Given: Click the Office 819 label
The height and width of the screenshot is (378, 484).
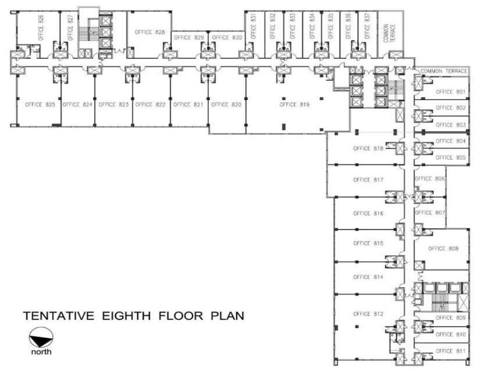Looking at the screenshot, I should (295, 104).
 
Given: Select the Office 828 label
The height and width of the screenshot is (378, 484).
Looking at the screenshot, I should (150, 32).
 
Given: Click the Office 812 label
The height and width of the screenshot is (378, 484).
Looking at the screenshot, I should (369, 314).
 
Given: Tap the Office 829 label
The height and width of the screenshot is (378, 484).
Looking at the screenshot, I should (189, 38).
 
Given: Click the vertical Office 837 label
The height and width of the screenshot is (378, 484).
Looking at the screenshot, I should (367, 25).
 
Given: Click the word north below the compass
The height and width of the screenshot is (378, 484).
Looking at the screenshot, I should (41, 352).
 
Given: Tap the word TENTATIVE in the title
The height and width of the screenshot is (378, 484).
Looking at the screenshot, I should (58, 317).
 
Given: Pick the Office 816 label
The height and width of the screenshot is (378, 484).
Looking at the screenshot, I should (369, 214).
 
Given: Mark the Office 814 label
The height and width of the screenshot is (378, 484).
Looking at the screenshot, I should (369, 277).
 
